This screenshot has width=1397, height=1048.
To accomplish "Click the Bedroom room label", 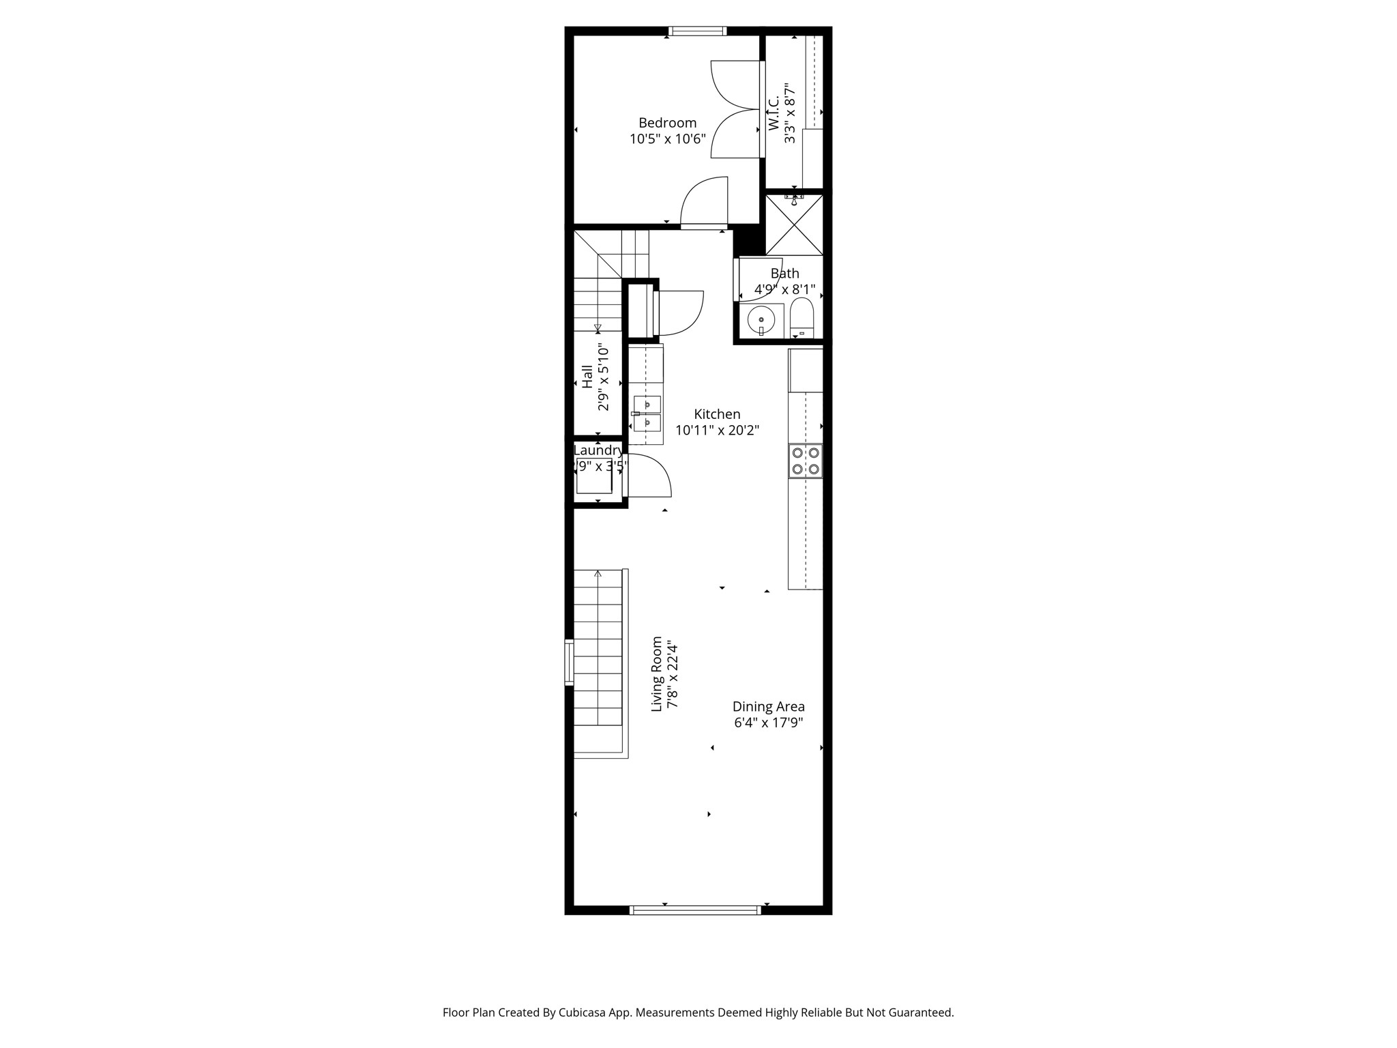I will click(x=667, y=123).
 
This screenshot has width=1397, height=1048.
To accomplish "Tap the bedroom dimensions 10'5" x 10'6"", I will click(x=667, y=140).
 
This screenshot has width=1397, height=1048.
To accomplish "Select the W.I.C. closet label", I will click(x=774, y=113).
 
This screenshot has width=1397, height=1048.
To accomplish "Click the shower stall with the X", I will click(x=794, y=225).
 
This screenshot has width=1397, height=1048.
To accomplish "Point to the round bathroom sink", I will click(x=761, y=319).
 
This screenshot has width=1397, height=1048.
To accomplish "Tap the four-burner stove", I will click(x=805, y=461).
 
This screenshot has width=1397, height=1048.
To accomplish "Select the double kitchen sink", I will click(x=647, y=413).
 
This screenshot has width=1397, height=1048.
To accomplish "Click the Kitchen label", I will click(x=717, y=414).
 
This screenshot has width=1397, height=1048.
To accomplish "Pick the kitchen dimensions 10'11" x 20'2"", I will click(x=717, y=431).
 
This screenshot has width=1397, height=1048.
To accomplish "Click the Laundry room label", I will click(x=598, y=450).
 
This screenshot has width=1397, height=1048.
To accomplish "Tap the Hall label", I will click(x=587, y=377).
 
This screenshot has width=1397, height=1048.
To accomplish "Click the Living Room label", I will click(x=657, y=674).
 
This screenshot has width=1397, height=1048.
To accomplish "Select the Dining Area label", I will click(x=768, y=707).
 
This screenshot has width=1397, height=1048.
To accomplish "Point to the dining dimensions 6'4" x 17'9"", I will click(x=768, y=723).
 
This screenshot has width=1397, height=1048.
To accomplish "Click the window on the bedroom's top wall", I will click(x=697, y=31).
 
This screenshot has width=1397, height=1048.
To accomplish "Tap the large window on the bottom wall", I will click(x=694, y=909).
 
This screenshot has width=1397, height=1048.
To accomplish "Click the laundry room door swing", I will click(x=648, y=476).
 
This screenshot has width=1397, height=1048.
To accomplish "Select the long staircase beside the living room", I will click(x=598, y=662).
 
